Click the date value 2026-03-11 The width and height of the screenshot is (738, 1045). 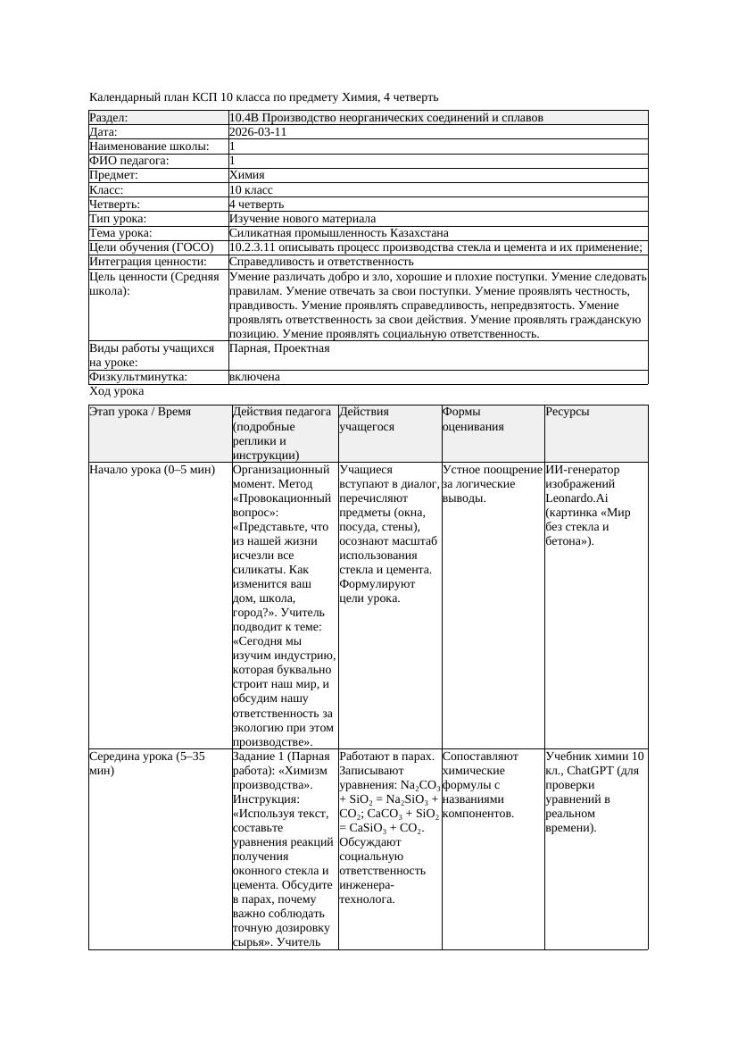pyautogui.click(x=258, y=131)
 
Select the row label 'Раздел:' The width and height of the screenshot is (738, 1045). pyautogui.click(x=109, y=118)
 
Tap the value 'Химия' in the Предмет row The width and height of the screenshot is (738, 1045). pyautogui.click(x=247, y=175)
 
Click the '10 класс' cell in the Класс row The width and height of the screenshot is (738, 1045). pyautogui.click(x=251, y=190)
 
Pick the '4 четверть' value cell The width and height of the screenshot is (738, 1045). pyautogui.click(x=256, y=205)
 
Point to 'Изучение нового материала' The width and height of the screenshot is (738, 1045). pyautogui.click(x=302, y=219)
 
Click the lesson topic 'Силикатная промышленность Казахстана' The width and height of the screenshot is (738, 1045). pyautogui.click(x=332, y=233)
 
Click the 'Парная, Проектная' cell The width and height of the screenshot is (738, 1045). pyautogui.click(x=279, y=348)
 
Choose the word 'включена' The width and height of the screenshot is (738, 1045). pyautogui.click(x=254, y=377)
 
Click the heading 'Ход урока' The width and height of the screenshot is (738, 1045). pyautogui.click(x=117, y=391)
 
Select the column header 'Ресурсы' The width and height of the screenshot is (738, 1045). pyautogui.click(x=568, y=412)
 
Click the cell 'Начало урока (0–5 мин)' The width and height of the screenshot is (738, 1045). pyautogui.click(x=153, y=469)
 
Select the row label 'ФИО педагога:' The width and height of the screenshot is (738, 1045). pyautogui.click(x=129, y=161)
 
